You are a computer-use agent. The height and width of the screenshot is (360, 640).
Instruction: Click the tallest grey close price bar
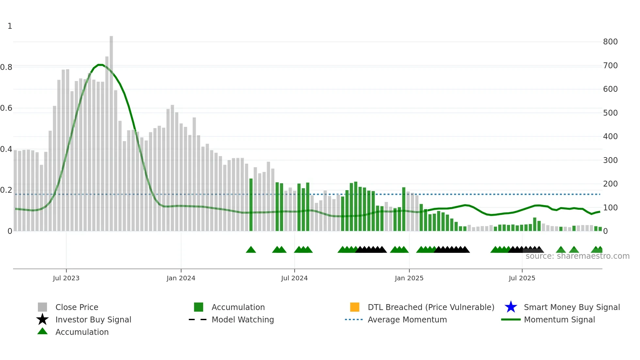pos(111,131)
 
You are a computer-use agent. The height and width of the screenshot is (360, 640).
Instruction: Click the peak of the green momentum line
pos(100,65)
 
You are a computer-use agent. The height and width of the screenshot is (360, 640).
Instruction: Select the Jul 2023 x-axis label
pos(66,278)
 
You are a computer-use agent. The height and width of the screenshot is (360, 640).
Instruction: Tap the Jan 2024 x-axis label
pos(181,278)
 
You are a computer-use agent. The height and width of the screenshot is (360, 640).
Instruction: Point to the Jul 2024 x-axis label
pos(294,278)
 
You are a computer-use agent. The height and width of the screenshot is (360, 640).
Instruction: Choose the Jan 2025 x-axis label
pos(409,278)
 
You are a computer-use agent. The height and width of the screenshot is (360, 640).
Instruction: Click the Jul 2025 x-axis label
pos(522,278)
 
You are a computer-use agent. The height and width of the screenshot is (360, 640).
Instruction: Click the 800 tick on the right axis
pos(610,42)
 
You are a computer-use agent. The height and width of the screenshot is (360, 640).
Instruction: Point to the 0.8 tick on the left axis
pos(6,67)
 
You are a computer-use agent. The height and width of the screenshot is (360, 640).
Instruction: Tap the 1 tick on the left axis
pos(10,26)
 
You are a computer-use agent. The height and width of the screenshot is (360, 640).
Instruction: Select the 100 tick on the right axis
pos(610,208)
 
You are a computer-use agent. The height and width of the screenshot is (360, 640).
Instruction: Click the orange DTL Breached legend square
pos(354,307)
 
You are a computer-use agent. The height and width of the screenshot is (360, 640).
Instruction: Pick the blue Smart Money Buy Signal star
pos(511,307)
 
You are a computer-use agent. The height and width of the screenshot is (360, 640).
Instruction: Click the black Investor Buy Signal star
pos(42,319)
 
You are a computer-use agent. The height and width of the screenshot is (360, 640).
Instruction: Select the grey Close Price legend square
pos(42,307)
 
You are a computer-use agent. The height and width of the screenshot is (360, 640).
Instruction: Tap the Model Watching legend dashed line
pos(198,319)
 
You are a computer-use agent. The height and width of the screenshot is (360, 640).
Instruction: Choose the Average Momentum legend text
pos(407,319)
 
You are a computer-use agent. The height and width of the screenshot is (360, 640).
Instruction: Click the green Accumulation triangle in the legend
pos(42,332)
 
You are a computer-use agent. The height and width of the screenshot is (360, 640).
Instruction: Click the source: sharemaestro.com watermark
pos(577,256)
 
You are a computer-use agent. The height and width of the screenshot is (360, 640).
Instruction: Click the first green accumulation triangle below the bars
pos(251,250)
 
